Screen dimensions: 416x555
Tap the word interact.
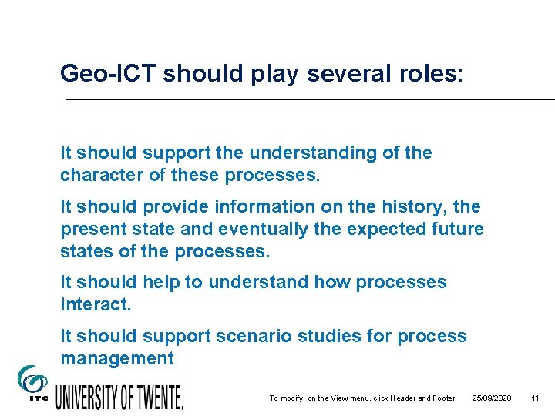tap(96, 304)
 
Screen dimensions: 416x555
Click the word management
tap(117, 358)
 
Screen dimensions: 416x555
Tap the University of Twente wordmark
tap(119, 397)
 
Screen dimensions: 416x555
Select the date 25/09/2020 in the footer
tap(493, 398)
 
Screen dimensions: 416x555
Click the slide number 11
tap(535, 398)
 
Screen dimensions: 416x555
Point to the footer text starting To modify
tap(362, 398)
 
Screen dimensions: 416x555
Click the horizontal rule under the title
tap(308, 100)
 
